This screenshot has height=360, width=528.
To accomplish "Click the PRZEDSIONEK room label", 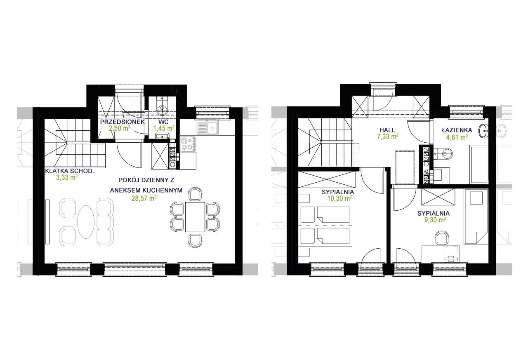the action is pyautogui.click(x=123, y=122).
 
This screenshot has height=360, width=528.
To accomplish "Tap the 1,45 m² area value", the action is pyautogui.click(x=164, y=128).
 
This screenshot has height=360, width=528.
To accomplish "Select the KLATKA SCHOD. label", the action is pyautogui.click(x=69, y=171).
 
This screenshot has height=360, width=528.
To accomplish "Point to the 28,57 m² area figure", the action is pyautogui.click(x=144, y=198).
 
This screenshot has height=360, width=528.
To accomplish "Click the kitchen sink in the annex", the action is pyautogui.click(x=207, y=128).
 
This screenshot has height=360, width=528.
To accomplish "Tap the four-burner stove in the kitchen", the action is pyautogui.click(x=188, y=144).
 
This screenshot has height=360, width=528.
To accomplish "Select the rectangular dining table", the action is pyautogui.click(x=195, y=217).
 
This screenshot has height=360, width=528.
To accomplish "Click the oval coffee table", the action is pyautogui.click(x=86, y=222).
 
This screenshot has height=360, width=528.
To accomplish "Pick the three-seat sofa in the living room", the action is pyautogui.click(x=105, y=222).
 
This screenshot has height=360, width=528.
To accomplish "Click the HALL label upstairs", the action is pyautogui.click(x=387, y=130).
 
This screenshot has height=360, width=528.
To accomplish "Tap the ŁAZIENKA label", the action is pyautogui.click(x=457, y=130).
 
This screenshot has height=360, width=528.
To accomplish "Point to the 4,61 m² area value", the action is pyautogui.click(x=457, y=137).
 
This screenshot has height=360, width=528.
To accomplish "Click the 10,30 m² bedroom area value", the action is pyautogui.click(x=339, y=198).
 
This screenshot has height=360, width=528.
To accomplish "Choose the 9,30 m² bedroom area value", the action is pyautogui.click(x=435, y=220).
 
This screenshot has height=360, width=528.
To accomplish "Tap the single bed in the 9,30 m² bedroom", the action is pyautogui.click(x=476, y=216).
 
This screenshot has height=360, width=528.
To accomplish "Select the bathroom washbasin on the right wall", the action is pyautogui.click(x=484, y=131).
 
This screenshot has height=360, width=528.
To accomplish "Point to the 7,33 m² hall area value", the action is pyautogui.click(x=388, y=136).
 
